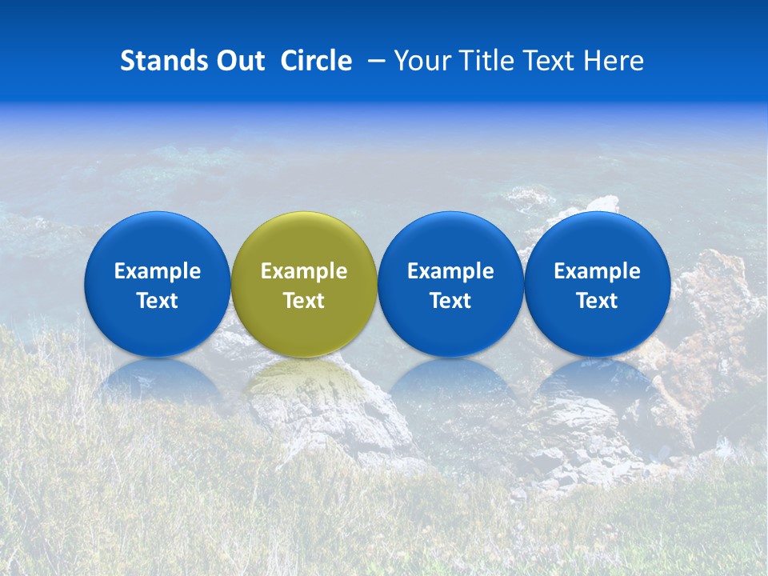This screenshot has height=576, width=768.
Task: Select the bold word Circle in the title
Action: point(316,61)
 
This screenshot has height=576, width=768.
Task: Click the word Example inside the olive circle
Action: point(304,271)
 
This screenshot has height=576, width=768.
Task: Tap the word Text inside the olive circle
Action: point(304,301)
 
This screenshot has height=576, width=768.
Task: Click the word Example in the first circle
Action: point(157,271)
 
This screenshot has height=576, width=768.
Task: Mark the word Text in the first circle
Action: point(157,301)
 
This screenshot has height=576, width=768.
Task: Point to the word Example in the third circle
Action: point(450,271)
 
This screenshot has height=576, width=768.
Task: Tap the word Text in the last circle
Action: point(597,301)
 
